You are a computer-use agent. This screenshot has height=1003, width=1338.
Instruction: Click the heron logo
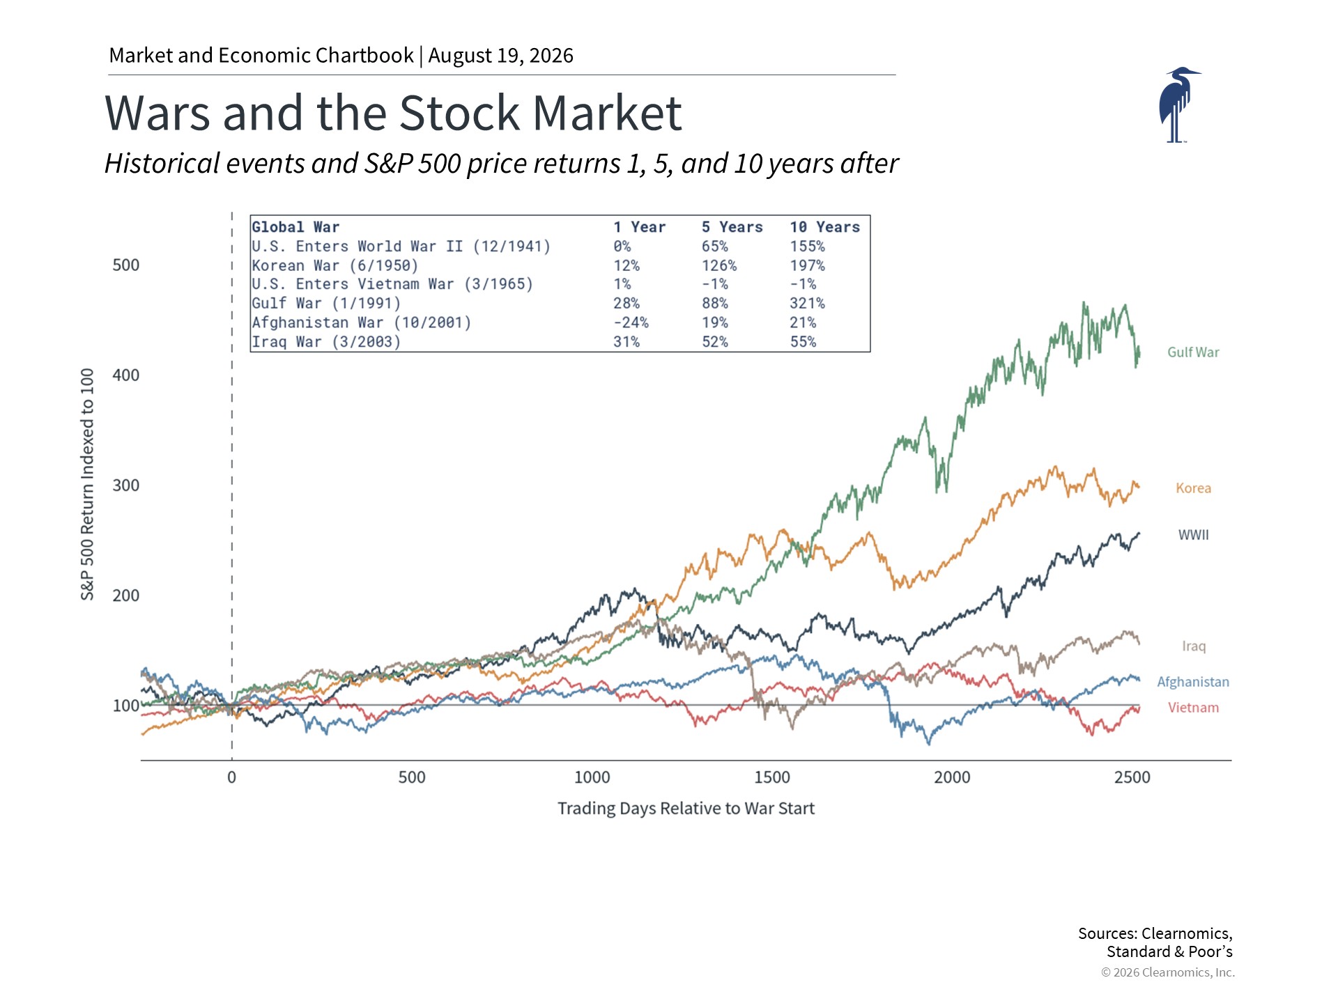coord(1178,105)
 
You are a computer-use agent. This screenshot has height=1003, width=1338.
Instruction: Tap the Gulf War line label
coord(1193,352)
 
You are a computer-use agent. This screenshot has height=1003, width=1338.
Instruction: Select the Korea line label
coord(1193,488)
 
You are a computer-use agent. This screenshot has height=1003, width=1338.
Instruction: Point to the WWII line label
coord(1193,535)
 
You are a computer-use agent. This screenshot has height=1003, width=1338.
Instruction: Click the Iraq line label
coord(1193,646)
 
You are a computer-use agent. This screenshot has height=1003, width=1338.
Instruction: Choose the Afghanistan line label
coord(1193,682)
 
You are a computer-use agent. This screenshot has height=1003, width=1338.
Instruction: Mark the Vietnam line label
coord(1193,708)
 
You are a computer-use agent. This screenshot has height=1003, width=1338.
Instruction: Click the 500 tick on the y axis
coord(126,265)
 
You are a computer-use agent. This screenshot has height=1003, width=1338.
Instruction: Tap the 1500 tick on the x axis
coord(772,777)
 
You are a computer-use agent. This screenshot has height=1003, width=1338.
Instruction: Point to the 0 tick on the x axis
coord(231,777)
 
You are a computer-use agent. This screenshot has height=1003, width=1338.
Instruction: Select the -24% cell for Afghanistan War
coord(631,323)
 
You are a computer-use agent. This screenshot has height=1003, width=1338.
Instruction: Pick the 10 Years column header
coord(825,227)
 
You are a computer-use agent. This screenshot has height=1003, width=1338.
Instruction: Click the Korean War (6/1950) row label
coord(335,266)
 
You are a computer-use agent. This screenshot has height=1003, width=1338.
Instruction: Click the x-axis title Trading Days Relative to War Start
coord(686,809)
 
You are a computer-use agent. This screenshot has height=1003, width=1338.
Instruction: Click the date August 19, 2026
coord(500,56)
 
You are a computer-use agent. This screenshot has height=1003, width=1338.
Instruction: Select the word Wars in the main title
coord(157,113)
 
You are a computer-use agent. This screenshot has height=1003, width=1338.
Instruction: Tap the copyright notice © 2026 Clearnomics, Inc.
coord(1168,972)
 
